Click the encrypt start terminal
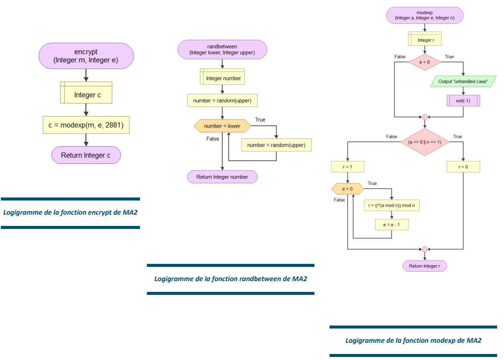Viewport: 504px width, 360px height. point(86,56)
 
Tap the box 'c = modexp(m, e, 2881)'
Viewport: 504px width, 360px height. point(86,125)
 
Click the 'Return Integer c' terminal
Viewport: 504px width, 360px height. point(86,155)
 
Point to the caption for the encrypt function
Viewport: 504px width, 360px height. point(70,213)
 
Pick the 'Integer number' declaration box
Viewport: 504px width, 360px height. point(222,78)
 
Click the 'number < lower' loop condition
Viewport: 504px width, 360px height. point(222,126)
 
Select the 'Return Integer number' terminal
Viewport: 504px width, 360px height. point(222,177)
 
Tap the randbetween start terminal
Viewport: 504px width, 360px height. point(222,49)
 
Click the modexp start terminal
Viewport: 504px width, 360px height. point(424,16)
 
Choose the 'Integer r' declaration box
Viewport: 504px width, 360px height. point(424,40)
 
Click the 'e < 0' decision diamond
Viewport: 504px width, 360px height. point(424,62)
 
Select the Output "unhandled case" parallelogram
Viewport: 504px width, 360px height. point(463,81)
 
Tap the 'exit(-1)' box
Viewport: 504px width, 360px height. point(463,100)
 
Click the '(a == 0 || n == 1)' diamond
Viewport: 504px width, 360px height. point(424,142)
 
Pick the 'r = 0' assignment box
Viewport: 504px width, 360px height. point(463,167)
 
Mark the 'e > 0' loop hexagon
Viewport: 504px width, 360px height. point(348,189)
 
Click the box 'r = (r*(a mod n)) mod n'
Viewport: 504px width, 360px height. point(392,206)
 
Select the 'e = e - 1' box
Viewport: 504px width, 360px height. point(392,225)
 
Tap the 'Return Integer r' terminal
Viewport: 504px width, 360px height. point(424,266)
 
